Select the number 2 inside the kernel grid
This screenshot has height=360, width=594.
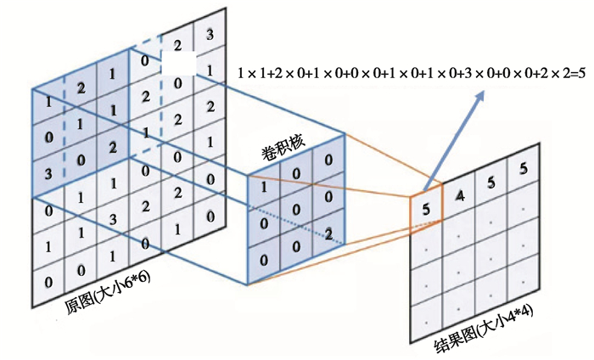click(x=327, y=232)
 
